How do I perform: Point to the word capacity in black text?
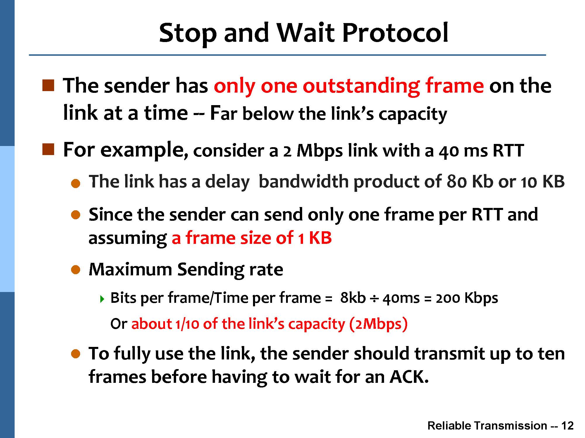(x=413, y=114)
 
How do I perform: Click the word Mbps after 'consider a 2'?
(x=319, y=151)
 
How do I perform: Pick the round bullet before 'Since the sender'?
(x=75, y=215)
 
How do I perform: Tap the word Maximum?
(x=130, y=269)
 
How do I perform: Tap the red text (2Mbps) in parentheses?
(x=378, y=324)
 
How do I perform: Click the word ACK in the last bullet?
(x=409, y=377)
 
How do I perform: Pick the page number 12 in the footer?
(x=567, y=426)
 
